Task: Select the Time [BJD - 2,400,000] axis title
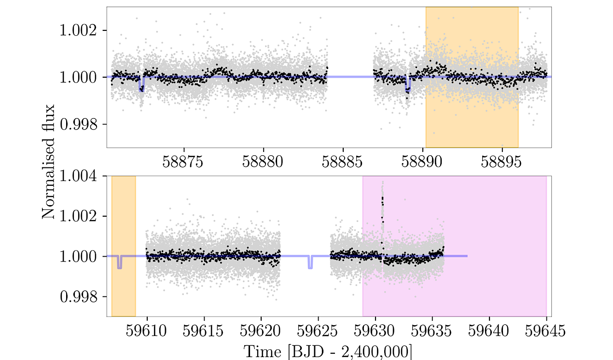click(x=328, y=351)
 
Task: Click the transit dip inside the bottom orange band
click(x=119, y=263)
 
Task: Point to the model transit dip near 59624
click(x=310, y=263)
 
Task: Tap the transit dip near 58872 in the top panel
click(x=141, y=85)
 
